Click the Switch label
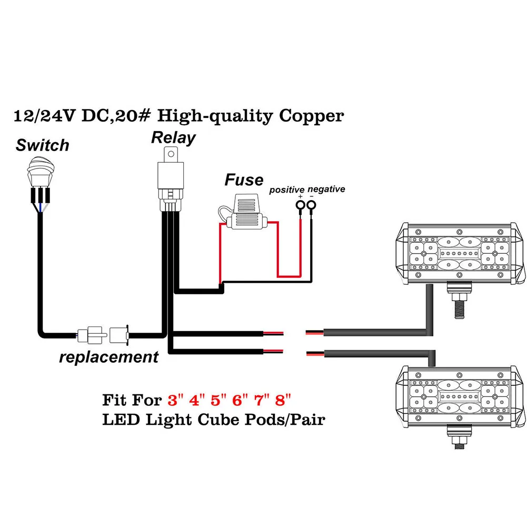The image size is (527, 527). [42, 145]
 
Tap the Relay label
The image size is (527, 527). [173, 138]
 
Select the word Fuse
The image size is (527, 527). [244, 180]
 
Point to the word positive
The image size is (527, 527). [287, 190]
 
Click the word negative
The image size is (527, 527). [326, 189]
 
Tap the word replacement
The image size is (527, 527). [108, 357]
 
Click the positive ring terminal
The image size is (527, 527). [300, 205]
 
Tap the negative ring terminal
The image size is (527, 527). [311, 205]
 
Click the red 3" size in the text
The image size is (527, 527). [175, 400]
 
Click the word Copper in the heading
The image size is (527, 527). [311, 115]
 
